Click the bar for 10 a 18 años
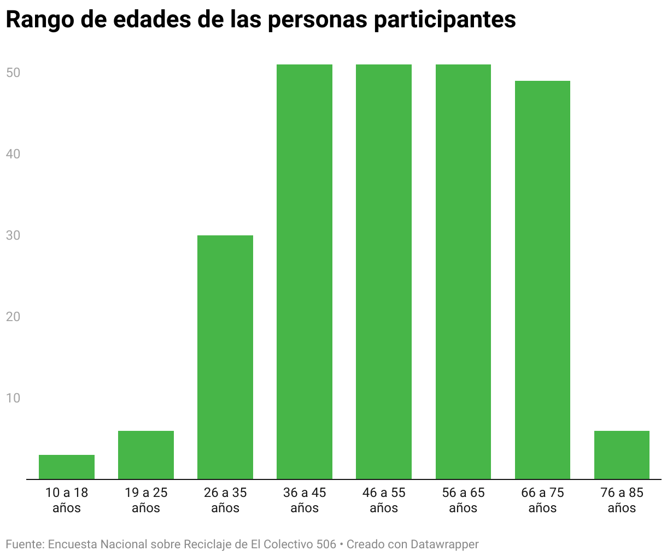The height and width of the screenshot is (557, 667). (x=67, y=467)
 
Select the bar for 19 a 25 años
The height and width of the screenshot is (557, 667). (x=146, y=455)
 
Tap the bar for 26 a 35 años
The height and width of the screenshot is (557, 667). (x=225, y=357)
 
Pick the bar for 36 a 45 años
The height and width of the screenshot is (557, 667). (x=305, y=272)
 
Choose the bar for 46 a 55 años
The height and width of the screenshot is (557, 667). (x=384, y=272)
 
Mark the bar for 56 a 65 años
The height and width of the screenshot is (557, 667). (x=463, y=272)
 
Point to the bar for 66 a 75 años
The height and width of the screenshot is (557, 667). (x=542, y=280)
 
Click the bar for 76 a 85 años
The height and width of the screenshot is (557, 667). (x=622, y=455)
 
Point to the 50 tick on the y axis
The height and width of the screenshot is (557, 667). (x=13, y=73)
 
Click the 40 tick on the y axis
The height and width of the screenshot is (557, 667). (x=13, y=154)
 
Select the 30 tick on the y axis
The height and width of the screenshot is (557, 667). (x=13, y=235)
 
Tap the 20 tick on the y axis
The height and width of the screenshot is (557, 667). (x=13, y=317)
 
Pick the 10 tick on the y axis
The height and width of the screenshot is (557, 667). (x=13, y=398)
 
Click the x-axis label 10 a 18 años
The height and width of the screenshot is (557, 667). (x=67, y=500)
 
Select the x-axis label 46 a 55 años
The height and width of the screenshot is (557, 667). (x=384, y=500)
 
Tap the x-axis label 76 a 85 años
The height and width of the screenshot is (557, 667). (x=622, y=500)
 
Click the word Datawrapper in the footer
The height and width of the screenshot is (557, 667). (x=444, y=544)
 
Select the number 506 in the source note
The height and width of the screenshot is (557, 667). (x=326, y=544)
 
